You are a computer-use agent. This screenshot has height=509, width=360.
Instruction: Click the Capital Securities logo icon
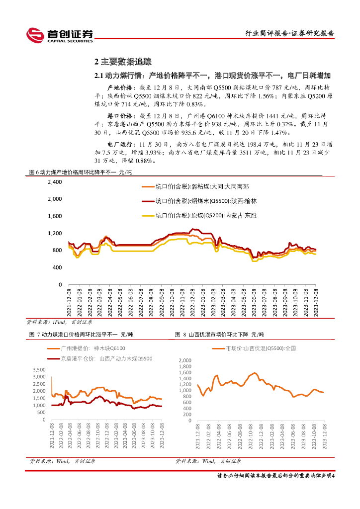[35, 35]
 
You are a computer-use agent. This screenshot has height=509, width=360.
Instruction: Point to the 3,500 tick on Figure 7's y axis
[41, 370]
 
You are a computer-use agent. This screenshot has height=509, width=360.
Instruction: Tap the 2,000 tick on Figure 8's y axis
[184, 359]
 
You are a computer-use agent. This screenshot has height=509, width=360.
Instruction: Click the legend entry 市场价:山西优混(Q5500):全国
[255, 348]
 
